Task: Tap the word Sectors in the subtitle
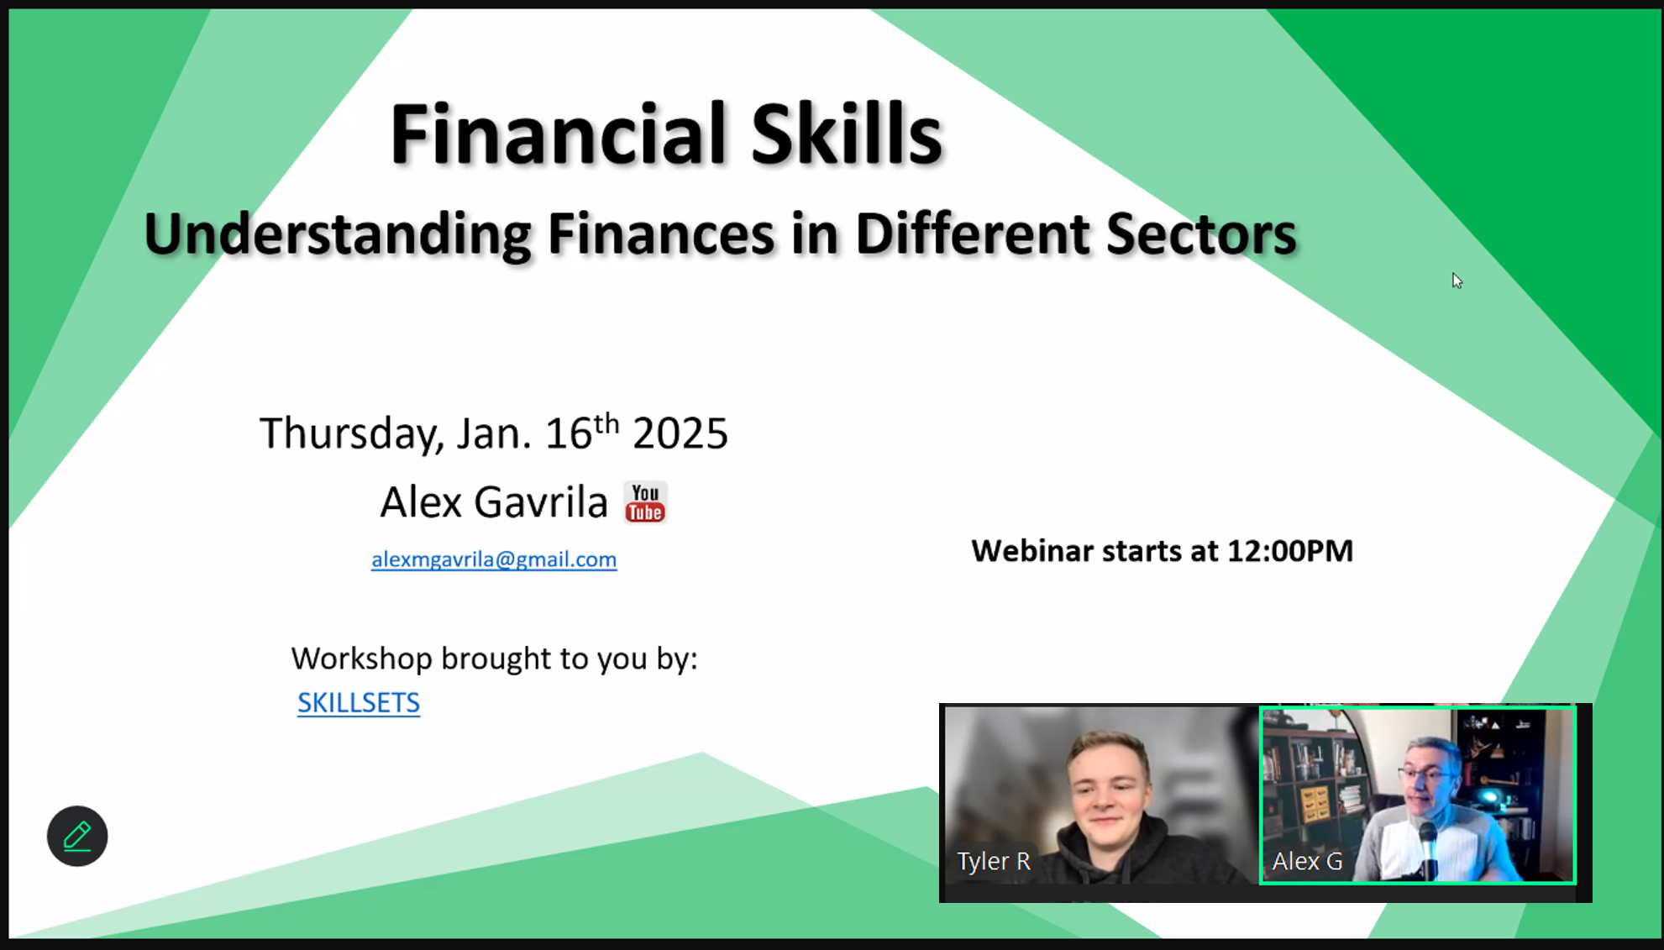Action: pos(1201,234)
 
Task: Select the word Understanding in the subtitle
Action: pos(337,235)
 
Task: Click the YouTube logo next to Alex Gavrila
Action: pos(645,502)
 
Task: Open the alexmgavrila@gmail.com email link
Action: pos(494,559)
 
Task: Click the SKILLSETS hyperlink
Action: pos(359,702)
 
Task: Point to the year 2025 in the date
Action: pos(680,433)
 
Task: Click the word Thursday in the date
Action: pos(351,434)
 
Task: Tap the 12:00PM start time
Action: pos(1290,551)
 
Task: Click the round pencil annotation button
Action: pos(77,837)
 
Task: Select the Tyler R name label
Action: pos(994,861)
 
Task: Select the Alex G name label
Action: pos(1307,861)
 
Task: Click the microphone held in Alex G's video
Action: pos(1427,848)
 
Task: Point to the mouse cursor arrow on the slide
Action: pos(1457,281)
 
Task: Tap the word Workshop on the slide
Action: pos(361,659)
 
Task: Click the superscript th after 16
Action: pos(606,423)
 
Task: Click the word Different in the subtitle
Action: pos(972,234)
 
